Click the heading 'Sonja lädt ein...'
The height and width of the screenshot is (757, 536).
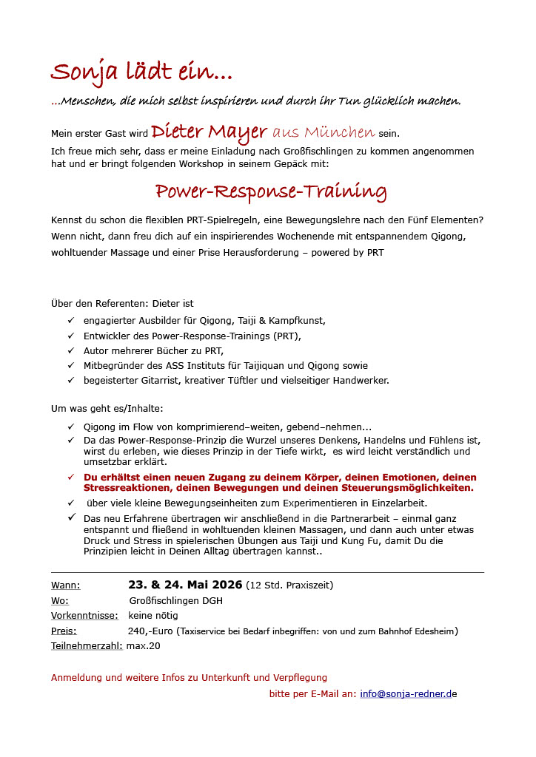141,72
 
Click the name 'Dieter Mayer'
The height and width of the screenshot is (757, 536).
209,132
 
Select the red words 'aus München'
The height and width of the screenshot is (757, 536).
324,133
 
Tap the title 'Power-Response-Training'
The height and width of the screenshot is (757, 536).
270,192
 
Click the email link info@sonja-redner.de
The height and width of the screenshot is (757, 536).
408,694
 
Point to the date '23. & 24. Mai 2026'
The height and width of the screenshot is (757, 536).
185,585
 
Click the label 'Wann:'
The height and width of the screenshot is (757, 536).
66,585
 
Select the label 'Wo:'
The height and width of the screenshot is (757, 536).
60,600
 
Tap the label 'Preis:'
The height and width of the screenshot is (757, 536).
64,631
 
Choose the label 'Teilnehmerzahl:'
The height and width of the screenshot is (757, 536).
87,645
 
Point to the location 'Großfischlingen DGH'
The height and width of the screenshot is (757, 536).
175,600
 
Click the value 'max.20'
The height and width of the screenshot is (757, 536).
143,645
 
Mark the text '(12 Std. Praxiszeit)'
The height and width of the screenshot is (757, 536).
289,585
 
